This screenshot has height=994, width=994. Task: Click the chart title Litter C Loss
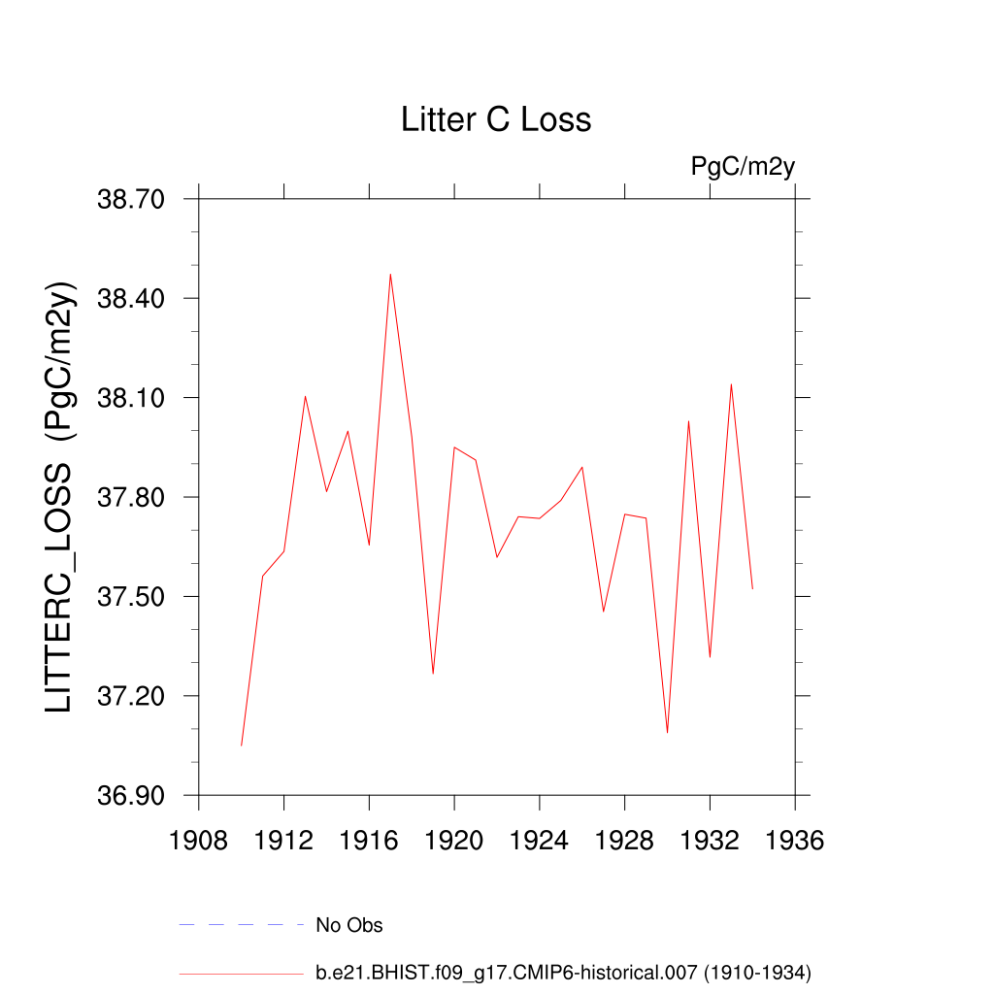[496, 119]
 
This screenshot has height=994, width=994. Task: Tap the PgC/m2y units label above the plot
[743, 166]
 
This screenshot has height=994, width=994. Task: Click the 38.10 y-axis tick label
[133, 398]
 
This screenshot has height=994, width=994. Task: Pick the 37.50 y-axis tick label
[133, 597]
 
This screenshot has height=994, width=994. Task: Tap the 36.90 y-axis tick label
[133, 796]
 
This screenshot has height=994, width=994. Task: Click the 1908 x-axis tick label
[198, 840]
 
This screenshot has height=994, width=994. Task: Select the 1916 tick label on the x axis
[369, 840]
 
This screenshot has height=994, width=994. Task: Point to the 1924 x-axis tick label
[539, 840]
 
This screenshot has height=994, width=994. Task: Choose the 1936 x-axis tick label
[794, 840]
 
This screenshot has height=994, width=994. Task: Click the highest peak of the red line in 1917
[390, 274]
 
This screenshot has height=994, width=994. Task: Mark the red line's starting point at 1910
[241, 745]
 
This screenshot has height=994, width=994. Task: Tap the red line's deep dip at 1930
[667, 732]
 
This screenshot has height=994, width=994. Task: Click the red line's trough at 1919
[433, 674]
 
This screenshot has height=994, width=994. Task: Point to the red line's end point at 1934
[752, 588]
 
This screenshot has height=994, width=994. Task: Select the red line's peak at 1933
[731, 384]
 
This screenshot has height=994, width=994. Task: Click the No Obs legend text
[349, 925]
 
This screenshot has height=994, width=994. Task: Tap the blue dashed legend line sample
[242, 925]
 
